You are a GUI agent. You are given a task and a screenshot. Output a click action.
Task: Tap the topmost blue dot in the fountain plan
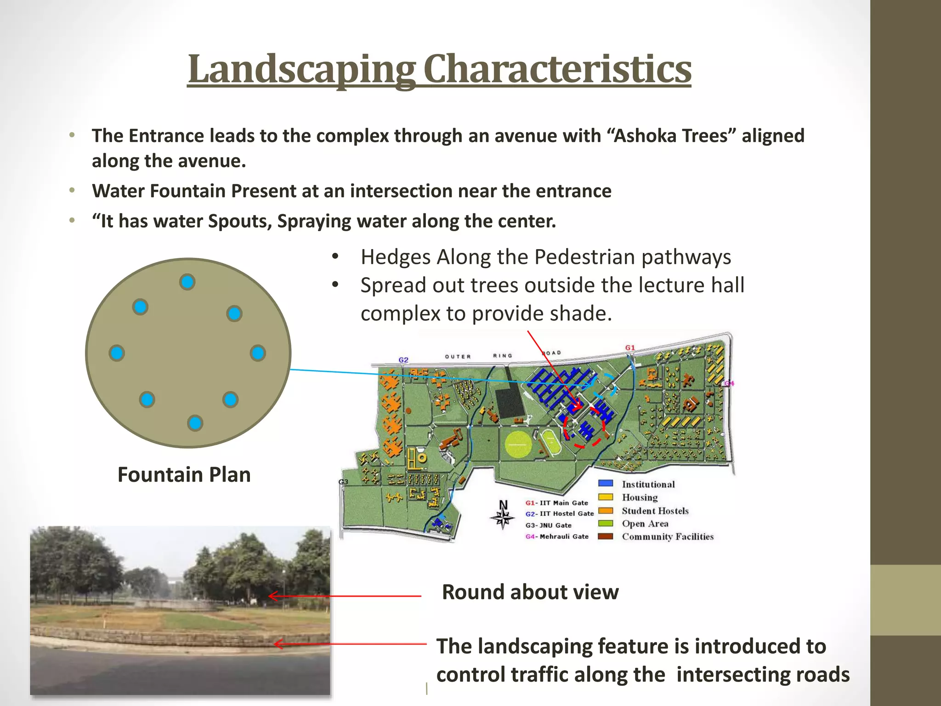(187, 282)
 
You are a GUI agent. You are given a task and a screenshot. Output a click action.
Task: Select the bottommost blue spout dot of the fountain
(195, 422)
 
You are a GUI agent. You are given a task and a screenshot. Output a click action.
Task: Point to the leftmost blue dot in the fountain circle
(117, 353)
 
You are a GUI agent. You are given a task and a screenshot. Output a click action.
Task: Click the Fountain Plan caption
(184, 474)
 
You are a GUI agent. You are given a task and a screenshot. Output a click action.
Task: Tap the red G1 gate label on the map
(630, 347)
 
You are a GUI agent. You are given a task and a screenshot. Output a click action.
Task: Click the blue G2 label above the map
(403, 359)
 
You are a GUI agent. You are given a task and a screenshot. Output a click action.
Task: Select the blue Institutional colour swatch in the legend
(606, 483)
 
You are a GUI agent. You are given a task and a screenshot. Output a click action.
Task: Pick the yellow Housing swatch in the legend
(606, 497)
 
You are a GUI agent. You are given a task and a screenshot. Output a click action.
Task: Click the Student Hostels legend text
(655, 511)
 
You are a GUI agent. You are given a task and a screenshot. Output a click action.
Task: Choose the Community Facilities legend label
(667, 536)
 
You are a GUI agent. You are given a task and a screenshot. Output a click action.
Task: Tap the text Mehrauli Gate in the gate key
(564, 536)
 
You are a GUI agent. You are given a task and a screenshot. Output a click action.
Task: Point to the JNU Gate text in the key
(555, 525)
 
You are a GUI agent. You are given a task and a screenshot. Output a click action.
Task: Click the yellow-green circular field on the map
(518, 444)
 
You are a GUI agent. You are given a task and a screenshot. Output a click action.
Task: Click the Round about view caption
(530, 592)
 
